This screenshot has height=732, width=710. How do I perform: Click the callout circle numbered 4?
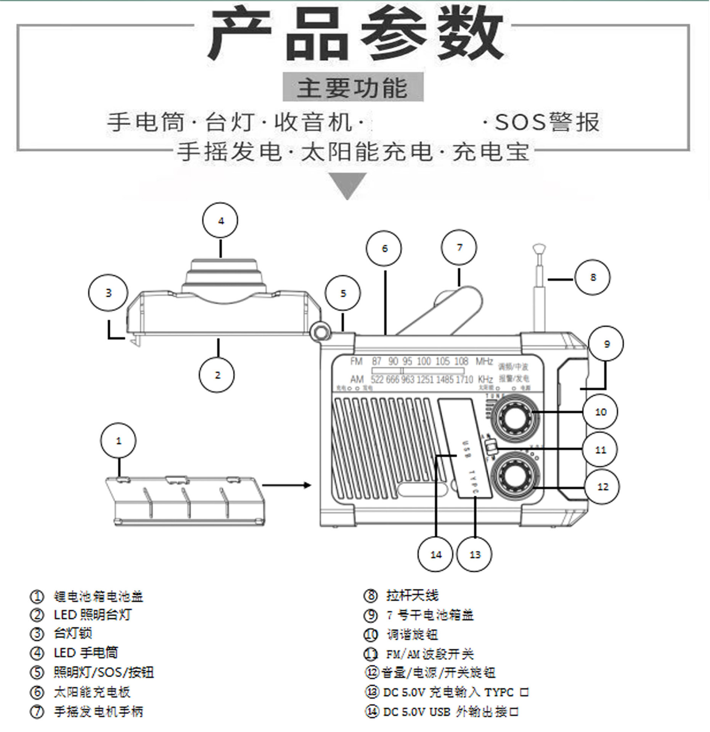coord(220,221)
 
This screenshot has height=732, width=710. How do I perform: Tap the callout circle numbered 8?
coord(592,277)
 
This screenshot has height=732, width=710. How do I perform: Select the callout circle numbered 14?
coord(435,554)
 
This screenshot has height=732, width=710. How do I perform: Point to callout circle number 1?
coord(118,441)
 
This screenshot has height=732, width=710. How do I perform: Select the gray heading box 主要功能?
coord(353,87)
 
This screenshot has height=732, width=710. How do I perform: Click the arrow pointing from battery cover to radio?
coord(287,485)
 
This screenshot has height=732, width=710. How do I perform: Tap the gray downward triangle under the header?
coord(347,185)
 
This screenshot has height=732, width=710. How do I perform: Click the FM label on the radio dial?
coord(356,361)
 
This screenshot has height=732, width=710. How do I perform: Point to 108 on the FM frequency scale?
coord(461,361)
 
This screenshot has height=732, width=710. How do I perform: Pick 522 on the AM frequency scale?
coord(377,379)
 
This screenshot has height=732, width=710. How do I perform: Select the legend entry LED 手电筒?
coord(86,653)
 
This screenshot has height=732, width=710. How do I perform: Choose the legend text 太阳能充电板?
coord(92,692)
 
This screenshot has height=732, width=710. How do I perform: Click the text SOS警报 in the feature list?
coord(547,122)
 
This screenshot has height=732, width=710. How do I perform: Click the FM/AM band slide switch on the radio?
coord(490,446)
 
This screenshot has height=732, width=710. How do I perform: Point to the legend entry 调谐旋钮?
coord(412,634)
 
